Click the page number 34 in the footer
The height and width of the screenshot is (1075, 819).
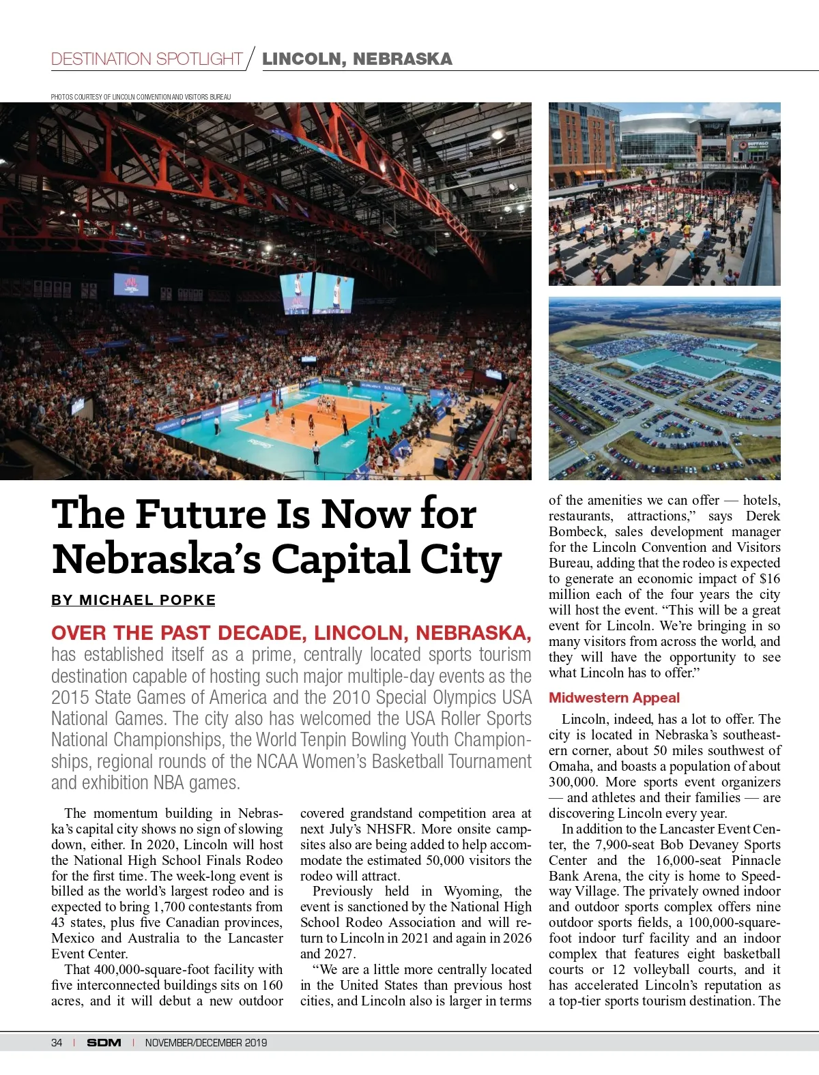coord(57,1042)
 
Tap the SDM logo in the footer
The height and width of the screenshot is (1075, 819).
coord(104,1042)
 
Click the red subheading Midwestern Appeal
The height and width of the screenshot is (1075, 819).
coord(614,698)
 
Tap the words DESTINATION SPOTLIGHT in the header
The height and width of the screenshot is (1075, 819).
coord(147,59)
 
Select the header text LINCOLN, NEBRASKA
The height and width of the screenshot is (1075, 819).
coord(357,59)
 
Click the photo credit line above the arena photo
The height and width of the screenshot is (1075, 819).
coord(141,97)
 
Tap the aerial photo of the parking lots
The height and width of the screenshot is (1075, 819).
coord(664,389)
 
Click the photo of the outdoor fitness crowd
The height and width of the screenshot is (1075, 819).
coord(664,194)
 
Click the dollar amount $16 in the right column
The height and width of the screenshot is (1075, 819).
coord(770,578)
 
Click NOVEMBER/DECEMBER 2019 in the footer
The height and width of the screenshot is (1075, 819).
coord(206,1042)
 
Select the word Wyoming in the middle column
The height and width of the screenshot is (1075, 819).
coord(473,892)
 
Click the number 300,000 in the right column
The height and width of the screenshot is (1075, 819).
coord(572,782)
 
